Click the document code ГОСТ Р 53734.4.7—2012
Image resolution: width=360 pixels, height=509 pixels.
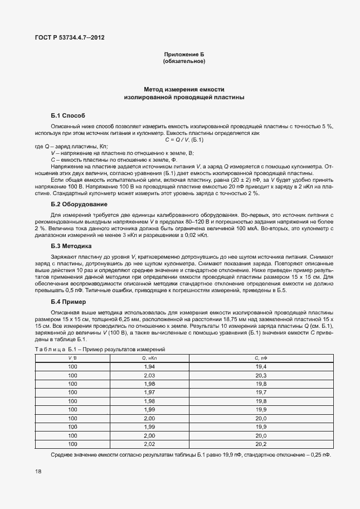(x=69, y=37)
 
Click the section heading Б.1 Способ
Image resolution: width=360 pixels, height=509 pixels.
(x=68, y=115)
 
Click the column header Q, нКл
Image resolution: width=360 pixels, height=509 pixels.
(x=149, y=357)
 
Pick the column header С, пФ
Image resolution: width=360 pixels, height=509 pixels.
(x=261, y=357)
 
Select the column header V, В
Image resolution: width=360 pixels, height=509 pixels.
(x=73, y=357)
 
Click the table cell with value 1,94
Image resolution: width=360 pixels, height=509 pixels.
(x=149, y=366)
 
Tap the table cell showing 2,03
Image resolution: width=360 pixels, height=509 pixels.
(x=149, y=375)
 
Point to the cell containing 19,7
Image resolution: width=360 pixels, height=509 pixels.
(x=261, y=392)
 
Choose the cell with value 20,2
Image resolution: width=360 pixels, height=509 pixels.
(x=261, y=444)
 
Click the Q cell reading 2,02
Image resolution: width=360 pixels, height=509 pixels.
(x=149, y=444)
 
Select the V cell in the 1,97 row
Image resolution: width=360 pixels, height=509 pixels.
(x=73, y=392)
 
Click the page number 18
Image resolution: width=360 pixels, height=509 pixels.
(x=37, y=472)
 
